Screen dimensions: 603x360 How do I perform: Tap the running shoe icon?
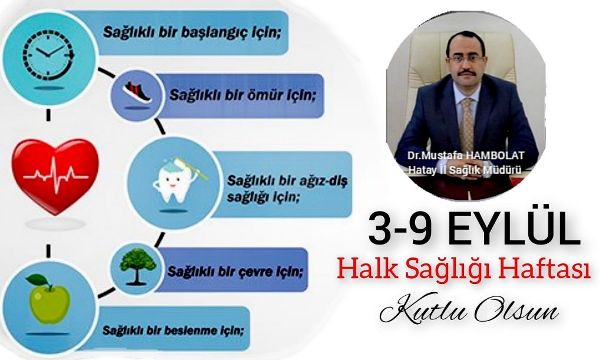pyautogui.click(x=137, y=93)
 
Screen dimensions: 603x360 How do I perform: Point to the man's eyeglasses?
pyautogui.click(x=467, y=60)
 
